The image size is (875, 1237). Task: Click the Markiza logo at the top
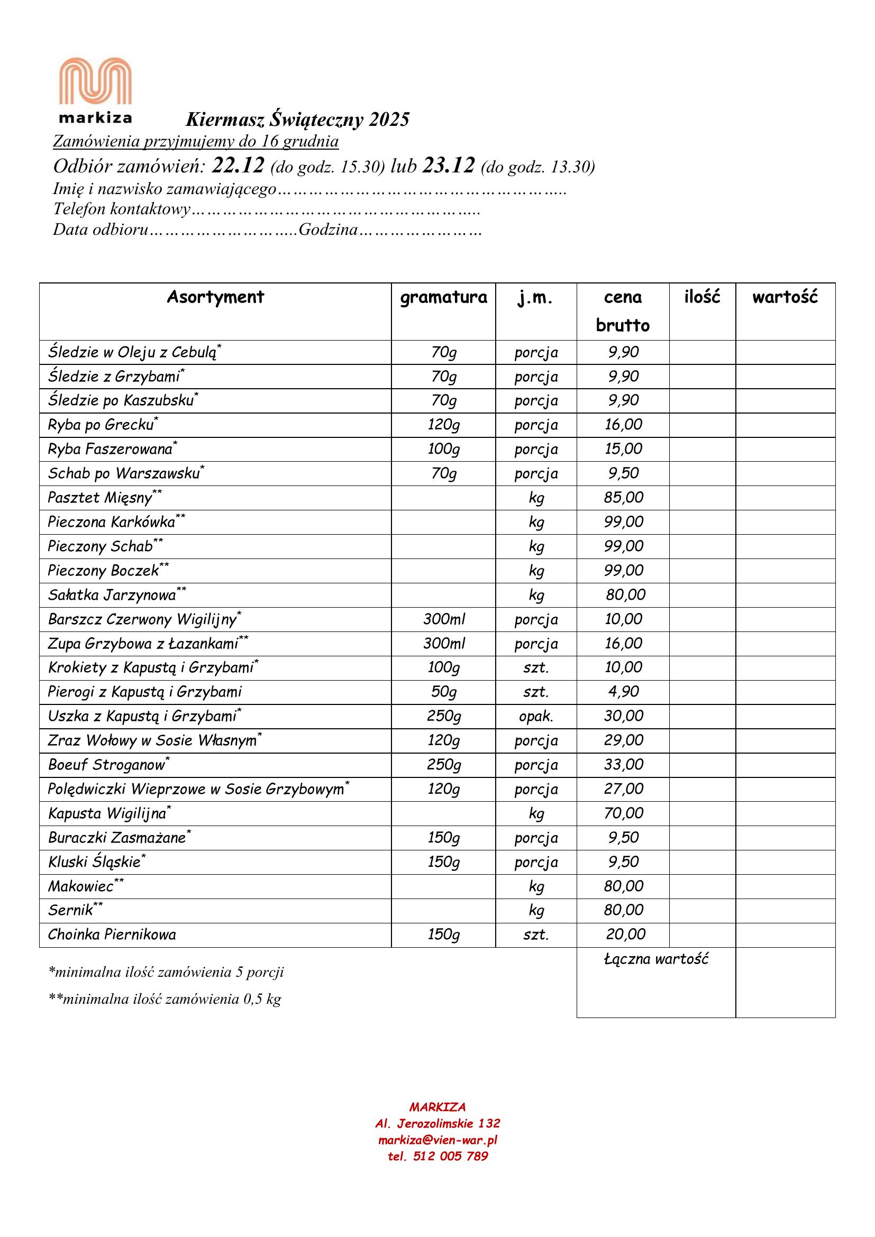(x=95, y=90)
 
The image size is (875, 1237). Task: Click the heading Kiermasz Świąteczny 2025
(x=297, y=120)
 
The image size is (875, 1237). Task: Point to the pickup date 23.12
(x=448, y=166)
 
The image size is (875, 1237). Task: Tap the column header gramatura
(x=443, y=297)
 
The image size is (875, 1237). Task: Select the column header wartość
(x=785, y=297)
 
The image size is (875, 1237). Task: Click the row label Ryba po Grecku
(x=101, y=425)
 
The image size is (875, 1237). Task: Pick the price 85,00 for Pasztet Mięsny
(x=623, y=497)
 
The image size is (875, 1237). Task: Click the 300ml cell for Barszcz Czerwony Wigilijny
(x=443, y=619)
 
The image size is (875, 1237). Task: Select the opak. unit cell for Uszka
(x=535, y=717)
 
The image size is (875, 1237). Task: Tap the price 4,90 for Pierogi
(x=623, y=692)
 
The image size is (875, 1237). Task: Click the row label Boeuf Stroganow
(x=107, y=765)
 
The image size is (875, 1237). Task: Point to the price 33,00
(x=623, y=765)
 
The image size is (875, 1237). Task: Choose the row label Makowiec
(x=81, y=886)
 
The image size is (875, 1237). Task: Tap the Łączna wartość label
(x=655, y=959)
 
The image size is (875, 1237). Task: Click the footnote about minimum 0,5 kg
(x=165, y=1000)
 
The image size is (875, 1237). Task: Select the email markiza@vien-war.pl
(x=437, y=1140)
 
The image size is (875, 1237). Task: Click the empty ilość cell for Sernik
(x=701, y=911)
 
